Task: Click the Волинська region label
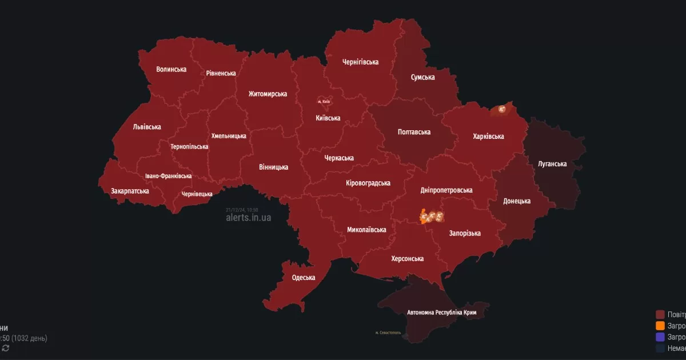point(171,69)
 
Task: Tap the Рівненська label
point(221,73)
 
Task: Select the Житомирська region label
point(268,94)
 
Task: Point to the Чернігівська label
point(360,62)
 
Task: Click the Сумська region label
point(422,77)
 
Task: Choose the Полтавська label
point(414,132)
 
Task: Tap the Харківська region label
point(488,137)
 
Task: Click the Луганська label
point(552,164)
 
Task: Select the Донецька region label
point(517,201)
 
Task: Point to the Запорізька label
point(465,233)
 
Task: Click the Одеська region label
point(304,278)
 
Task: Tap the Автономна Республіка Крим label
point(441,313)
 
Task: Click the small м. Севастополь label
point(388,333)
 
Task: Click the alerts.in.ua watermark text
point(249,218)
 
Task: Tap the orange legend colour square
point(660,326)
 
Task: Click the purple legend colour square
point(660,337)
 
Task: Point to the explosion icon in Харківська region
point(502,109)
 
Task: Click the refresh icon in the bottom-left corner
point(6,348)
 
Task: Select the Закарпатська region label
point(130,191)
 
